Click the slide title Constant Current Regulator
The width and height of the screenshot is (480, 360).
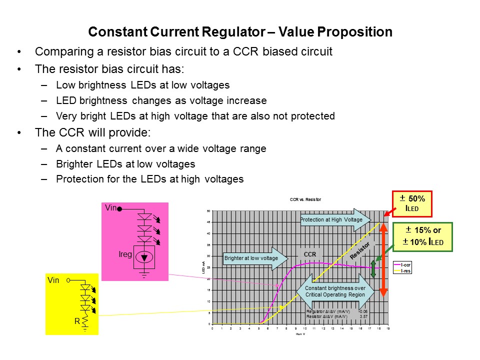(240, 32)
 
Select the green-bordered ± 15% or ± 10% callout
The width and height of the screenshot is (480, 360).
(422, 236)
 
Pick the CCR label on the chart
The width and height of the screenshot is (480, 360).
(310, 254)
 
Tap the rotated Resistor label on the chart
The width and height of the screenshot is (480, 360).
(360, 250)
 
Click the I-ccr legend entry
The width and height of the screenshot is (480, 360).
(402, 264)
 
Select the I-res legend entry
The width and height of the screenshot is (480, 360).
(402, 270)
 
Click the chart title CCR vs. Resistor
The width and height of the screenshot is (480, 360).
(305, 199)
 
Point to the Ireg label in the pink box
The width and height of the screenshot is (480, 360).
(125, 254)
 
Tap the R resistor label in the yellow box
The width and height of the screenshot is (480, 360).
(77, 321)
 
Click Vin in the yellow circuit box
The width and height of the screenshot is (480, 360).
(53, 280)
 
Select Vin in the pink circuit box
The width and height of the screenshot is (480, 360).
(111, 207)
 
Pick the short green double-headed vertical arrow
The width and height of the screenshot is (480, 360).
(373, 267)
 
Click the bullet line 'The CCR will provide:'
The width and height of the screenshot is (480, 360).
(92, 133)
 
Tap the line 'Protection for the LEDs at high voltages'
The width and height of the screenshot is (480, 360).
(149, 179)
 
